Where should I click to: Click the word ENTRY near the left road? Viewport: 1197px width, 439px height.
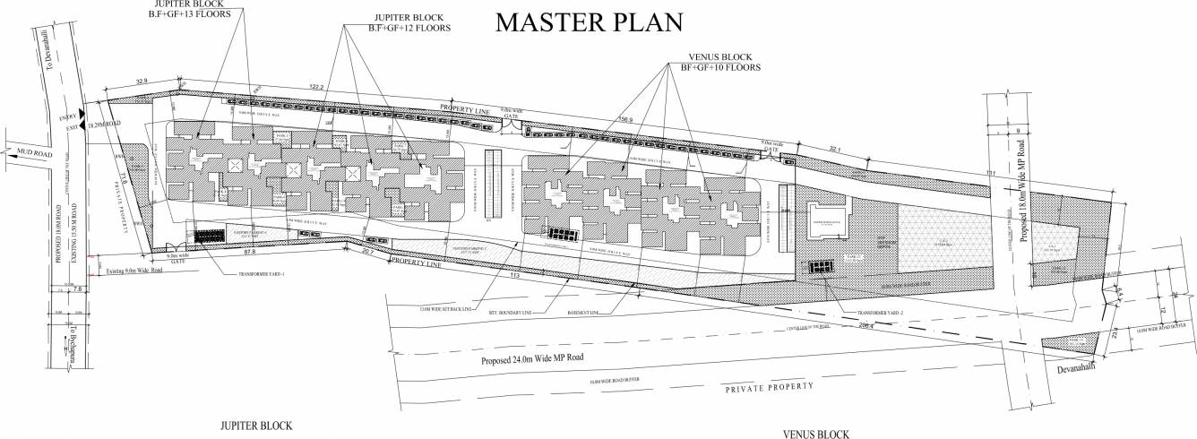click(x=68, y=117)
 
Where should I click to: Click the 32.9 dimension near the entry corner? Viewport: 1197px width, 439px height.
click(x=142, y=82)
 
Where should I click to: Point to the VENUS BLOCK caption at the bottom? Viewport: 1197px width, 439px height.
click(x=814, y=435)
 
